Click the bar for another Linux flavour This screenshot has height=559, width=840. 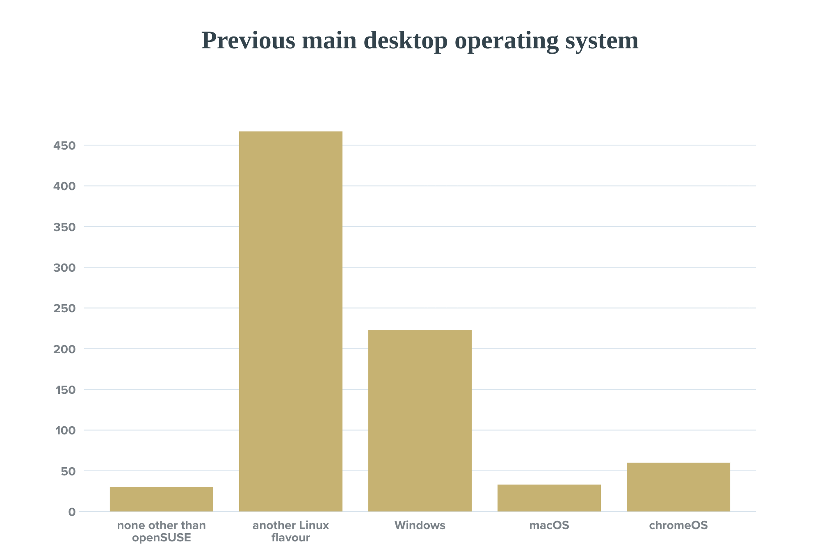click(290, 321)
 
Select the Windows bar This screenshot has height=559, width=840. click(420, 420)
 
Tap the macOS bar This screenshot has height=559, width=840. click(549, 498)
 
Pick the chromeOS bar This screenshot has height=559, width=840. click(678, 487)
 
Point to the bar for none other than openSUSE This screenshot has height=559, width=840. click(161, 499)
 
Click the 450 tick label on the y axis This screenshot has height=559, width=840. click(64, 145)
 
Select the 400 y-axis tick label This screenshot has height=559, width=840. click(64, 186)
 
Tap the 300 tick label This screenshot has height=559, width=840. click(64, 268)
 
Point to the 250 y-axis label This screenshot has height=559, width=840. click(64, 308)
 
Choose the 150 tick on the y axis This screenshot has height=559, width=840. click(66, 390)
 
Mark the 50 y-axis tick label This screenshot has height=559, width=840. click(68, 471)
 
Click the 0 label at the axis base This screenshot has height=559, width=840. click(72, 512)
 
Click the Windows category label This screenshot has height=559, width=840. click(420, 525)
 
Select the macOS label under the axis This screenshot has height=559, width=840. click(549, 525)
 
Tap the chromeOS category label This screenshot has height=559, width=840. click(678, 525)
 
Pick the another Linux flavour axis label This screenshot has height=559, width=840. click(290, 531)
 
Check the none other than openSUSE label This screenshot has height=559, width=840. click(161, 531)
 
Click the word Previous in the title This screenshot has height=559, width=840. click(248, 41)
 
